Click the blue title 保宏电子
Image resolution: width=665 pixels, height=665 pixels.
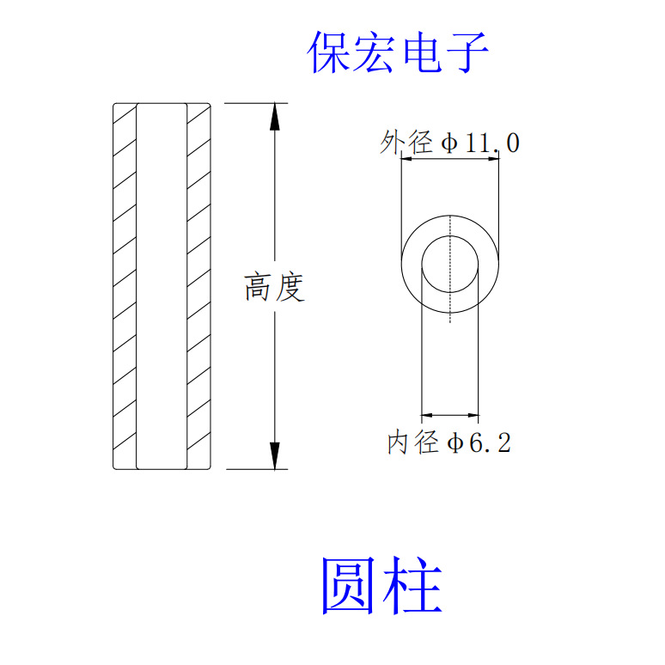click(x=398, y=52)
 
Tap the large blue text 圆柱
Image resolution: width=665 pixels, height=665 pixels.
click(x=381, y=585)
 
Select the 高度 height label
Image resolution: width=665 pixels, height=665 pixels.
click(x=275, y=287)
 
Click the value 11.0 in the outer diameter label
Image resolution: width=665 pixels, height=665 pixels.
click(x=491, y=143)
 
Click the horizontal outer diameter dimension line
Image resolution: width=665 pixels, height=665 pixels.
click(x=449, y=159)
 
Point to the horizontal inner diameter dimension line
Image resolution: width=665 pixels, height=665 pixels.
click(x=449, y=414)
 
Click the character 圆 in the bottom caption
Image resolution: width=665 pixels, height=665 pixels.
click(x=349, y=585)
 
